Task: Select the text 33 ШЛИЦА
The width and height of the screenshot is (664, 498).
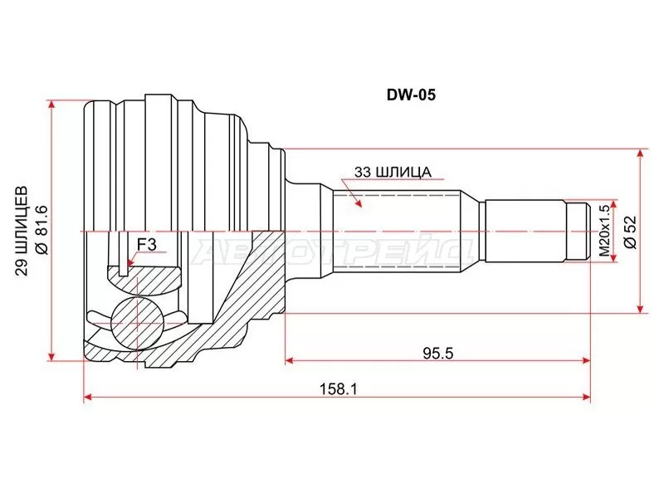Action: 391,172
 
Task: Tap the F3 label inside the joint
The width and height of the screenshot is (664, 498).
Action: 146,244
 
